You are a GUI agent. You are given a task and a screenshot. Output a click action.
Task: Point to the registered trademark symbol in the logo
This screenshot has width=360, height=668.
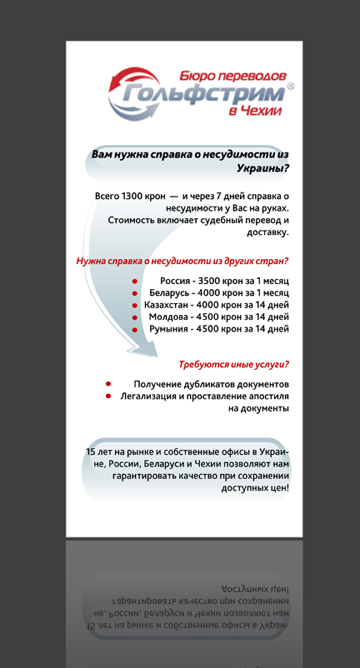[290, 86]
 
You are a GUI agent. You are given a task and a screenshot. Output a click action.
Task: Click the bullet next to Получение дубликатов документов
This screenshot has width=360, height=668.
[109, 384]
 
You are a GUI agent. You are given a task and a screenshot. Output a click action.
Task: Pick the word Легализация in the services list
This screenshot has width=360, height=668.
[149, 396]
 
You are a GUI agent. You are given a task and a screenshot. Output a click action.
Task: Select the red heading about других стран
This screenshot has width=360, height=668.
[182, 261]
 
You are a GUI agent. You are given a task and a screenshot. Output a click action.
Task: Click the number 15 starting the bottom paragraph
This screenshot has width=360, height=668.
[91, 451]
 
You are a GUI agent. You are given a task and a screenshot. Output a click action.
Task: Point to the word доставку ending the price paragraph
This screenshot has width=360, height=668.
[267, 233]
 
